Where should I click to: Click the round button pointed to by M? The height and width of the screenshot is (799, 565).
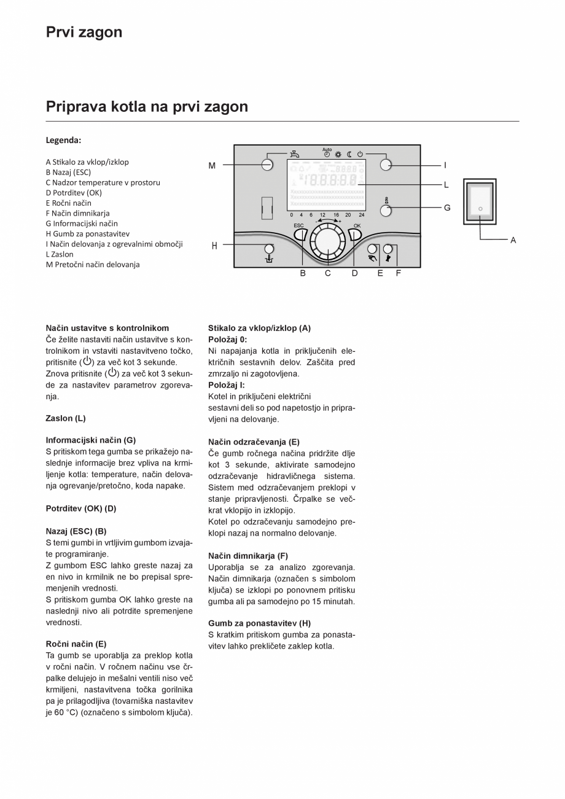(267, 165)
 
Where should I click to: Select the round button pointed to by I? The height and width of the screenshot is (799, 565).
(386, 165)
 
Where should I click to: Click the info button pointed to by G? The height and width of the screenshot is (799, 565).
(386, 211)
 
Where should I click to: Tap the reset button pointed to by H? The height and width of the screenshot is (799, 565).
(269, 249)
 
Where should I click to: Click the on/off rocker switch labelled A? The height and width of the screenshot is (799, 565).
(480, 202)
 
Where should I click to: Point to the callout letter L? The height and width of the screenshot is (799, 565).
(446, 184)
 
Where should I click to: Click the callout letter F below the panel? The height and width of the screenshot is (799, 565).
(398, 273)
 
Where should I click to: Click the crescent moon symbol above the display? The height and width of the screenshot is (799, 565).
(349, 154)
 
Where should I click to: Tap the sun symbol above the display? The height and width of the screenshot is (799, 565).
(338, 154)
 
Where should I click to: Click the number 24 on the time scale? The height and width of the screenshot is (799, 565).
(361, 215)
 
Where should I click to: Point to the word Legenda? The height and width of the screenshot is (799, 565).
(63, 140)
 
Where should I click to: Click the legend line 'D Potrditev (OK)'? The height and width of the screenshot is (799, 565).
(74, 193)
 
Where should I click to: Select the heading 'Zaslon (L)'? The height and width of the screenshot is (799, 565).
(66, 418)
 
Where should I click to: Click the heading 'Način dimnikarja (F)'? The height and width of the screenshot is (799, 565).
(247, 556)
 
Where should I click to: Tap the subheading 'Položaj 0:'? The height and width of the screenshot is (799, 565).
(227, 340)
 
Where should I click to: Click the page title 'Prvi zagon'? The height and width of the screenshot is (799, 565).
(84, 32)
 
